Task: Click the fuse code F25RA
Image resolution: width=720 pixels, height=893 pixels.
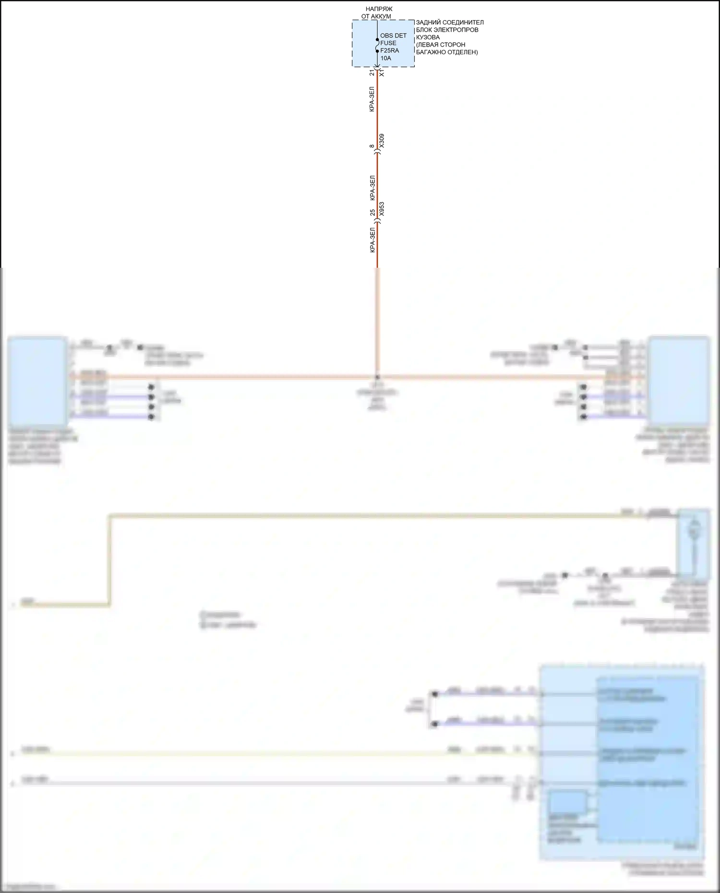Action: (389, 50)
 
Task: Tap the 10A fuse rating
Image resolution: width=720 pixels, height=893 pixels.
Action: (385, 58)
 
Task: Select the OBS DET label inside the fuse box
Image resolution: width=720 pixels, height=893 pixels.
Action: (393, 36)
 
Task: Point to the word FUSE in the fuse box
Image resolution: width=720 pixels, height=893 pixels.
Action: (388, 43)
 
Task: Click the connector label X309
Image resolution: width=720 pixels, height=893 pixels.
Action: (382, 141)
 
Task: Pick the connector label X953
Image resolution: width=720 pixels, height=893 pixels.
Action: (382, 209)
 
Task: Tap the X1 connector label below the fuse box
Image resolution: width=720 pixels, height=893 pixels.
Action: (382, 73)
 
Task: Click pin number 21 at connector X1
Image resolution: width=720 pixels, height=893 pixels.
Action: (372, 73)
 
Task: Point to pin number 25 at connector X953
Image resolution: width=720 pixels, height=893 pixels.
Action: (372, 212)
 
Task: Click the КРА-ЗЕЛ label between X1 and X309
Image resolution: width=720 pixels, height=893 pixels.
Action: (372, 99)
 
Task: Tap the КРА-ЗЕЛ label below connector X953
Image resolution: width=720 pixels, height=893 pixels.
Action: (372, 240)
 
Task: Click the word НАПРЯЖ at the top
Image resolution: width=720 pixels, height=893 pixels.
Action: (379, 9)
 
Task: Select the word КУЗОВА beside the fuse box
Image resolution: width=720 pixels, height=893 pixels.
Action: (428, 37)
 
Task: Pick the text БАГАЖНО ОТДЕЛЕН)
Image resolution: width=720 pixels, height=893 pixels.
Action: (447, 52)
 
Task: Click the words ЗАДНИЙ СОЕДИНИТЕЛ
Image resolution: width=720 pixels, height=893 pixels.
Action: (450, 23)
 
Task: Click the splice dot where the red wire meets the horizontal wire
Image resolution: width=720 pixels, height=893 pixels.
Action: (377, 377)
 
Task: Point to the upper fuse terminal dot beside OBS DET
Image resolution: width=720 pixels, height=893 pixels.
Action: (377, 40)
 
